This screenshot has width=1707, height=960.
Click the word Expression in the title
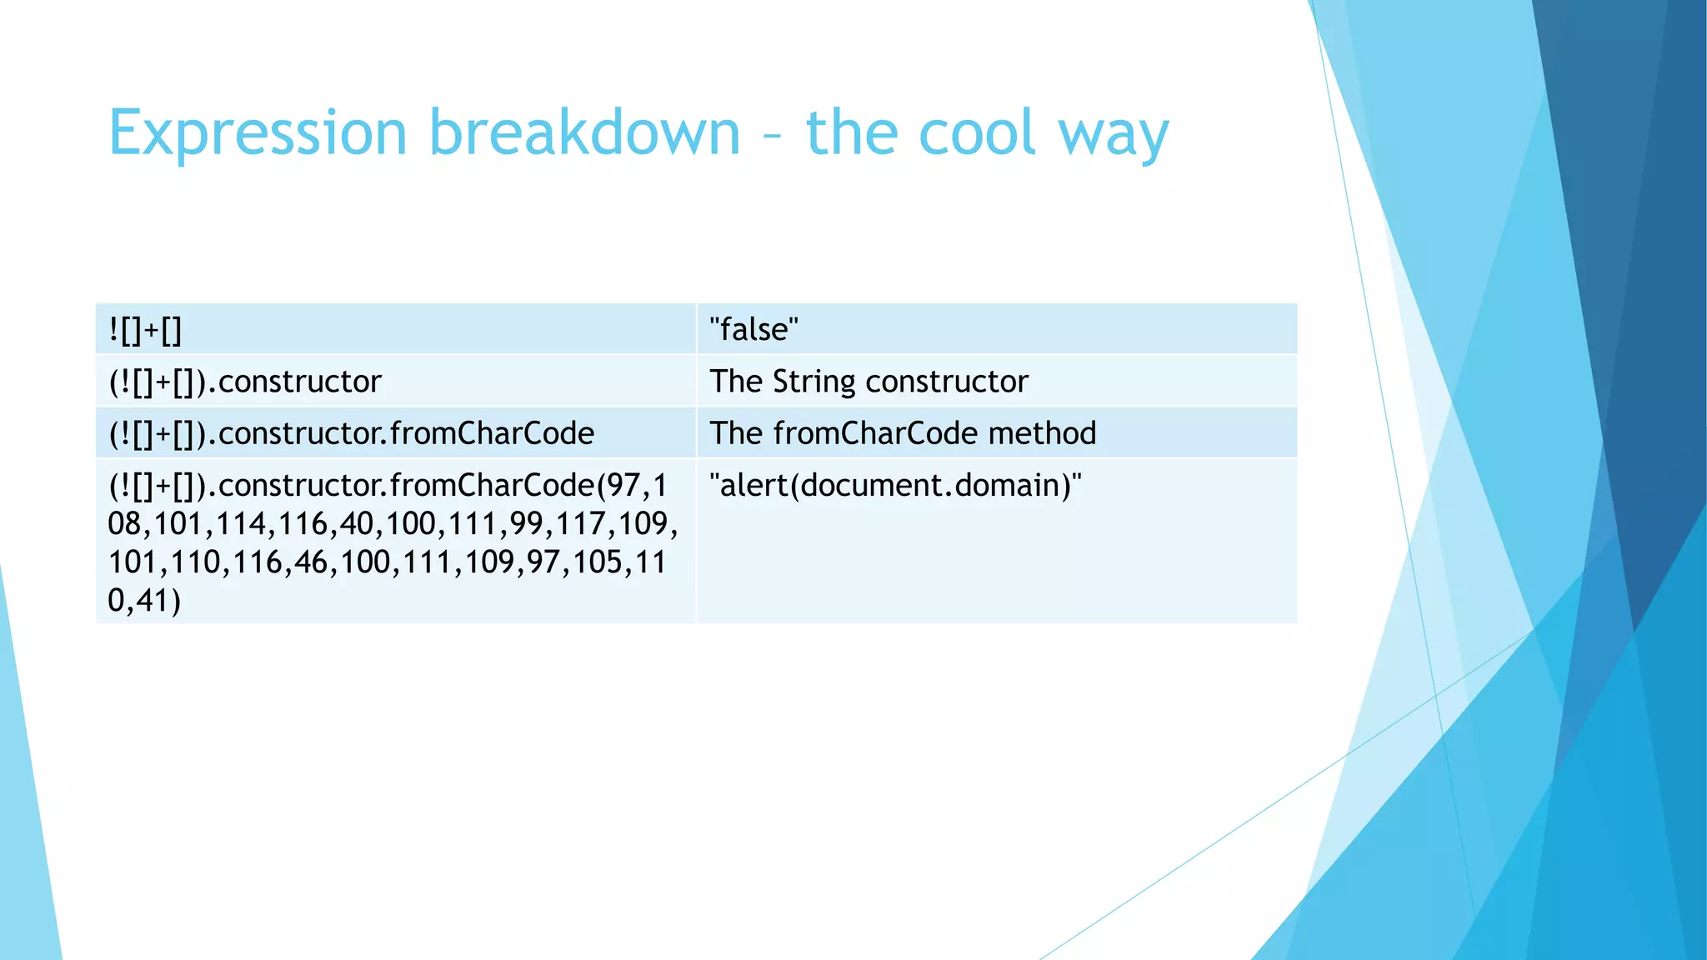click(x=258, y=133)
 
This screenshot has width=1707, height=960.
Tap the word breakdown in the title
click(x=584, y=133)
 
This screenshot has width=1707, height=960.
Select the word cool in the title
click(x=976, y=133)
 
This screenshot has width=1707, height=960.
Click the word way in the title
click(x=1114, y=137)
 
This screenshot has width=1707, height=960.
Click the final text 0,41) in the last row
click(x=144, y=600)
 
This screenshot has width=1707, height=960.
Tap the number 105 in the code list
click(x=596, y=562)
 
